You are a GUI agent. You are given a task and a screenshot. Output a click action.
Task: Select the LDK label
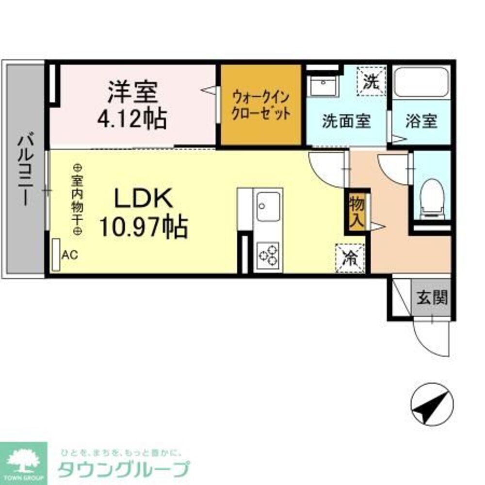(143, 199)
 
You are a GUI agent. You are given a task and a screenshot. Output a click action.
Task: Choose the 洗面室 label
(346, 121)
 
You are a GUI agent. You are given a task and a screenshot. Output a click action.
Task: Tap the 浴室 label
(421, 121)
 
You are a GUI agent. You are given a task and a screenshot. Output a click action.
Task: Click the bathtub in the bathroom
(421, 83)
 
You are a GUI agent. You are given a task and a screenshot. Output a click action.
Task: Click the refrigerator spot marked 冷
(349, 258)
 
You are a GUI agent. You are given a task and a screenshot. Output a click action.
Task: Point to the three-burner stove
(268, 255)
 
